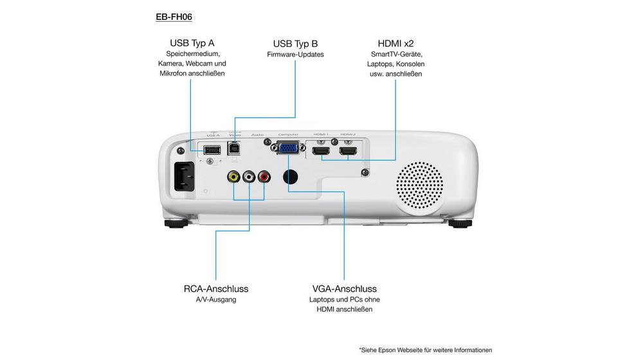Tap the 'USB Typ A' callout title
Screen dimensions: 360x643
coord(192,43)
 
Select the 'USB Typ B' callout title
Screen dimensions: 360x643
coord(295,43)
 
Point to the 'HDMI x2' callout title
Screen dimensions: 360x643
coord(395,43)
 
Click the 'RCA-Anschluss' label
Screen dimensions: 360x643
coord(215,289)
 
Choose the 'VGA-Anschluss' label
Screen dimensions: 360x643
coord(344,289)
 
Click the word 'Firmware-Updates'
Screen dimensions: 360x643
coord(295,55)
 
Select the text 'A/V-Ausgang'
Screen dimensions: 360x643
coord(215,300)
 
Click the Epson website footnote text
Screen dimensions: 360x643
coord(426,350)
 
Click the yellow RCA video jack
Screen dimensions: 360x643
coord(233,176)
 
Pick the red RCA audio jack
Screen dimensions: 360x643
coord(264,176)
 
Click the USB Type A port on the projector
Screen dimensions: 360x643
coord(211,150)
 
